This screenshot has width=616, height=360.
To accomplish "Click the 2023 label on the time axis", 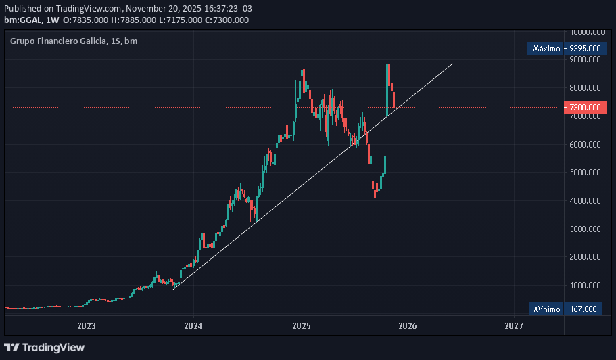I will pos(87,325).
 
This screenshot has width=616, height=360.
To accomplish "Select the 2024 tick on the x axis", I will pos(193,325).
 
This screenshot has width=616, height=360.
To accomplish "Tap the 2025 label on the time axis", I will pos(301,325).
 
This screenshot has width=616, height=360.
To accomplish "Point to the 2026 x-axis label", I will pos(407,325).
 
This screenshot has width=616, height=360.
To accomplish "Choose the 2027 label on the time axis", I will pos(514,325).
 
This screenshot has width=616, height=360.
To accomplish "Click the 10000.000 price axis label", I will pos(586,31).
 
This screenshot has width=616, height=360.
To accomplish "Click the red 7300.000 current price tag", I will pos(585,108).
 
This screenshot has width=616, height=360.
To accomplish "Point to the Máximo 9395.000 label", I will pos(565,49).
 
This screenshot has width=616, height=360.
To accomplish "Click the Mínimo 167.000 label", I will pos(565,309).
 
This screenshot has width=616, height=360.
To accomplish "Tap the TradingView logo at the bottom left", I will pos(45,347).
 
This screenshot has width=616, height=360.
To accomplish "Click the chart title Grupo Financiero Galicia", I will pos(58,41).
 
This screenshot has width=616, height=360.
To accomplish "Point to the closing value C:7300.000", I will pos(227,20).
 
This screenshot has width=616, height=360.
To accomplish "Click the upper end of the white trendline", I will pos(452,64).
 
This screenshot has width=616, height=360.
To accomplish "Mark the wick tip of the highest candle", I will pos(389,49).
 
